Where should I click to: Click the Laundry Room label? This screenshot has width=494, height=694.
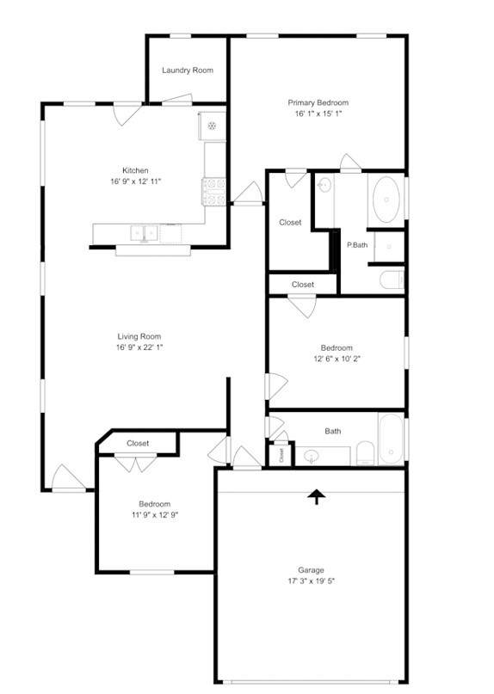pos(188,70)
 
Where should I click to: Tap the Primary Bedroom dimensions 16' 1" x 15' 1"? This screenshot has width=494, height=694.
pos(318,114)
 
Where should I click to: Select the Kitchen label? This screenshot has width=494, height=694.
pos(135,170)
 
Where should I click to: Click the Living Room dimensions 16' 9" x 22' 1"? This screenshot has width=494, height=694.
pos(139,347)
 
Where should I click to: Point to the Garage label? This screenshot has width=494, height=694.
pos(311,570)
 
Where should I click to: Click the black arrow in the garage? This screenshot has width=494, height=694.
pos(317,496)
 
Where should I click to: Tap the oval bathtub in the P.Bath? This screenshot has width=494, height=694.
pos(386,200)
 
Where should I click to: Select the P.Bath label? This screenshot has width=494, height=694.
pos(357,245)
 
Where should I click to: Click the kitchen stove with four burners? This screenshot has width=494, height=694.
pos(214,191)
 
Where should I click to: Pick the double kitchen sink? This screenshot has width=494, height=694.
pos(144,233)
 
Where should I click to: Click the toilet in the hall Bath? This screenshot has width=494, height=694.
pos(366,452)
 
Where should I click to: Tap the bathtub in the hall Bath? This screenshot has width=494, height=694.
pos(392,439)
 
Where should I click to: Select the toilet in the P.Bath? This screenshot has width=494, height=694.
pos(392,279)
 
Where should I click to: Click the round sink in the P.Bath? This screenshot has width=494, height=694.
pos(324,184)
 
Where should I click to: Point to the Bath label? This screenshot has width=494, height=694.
pos(333,431)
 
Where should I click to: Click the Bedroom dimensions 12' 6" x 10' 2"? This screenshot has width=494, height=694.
pos(337,359)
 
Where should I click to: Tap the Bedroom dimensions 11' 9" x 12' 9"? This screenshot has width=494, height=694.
pos(155,515)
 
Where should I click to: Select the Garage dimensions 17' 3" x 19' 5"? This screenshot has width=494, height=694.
pos(311,581)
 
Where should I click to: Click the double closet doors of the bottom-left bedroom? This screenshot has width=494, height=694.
pos(136,463)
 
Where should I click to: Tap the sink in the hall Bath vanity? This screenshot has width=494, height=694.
pos(313,456)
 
